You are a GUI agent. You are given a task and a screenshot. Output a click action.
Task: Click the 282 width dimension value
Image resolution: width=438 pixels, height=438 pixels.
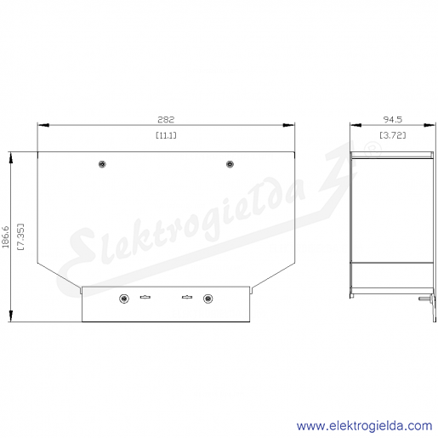pyautogui.click(x=166, y=119)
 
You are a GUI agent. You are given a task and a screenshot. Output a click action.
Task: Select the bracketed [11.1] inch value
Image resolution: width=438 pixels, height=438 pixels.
pyautogui.click(x=166, y=135)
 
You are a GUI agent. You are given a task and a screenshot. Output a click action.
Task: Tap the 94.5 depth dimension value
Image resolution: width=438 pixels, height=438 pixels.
pyautogui.click(x=393, y=119)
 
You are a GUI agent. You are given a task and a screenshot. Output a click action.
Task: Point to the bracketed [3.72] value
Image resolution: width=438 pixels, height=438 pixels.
pyautogui.click(x=393, y=135)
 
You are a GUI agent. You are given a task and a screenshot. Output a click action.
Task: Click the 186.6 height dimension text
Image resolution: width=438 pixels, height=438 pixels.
pyautogui.click(x=6, y=237)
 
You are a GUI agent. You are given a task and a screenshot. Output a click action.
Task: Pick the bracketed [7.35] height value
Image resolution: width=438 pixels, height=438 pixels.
pyautogui.click(x=20, y=237)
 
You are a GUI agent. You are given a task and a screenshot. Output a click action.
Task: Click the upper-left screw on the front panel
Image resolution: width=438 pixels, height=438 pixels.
pyautogui.click(x=102, y=164)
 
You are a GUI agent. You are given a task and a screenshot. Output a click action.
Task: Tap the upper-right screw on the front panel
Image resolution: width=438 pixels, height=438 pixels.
pyautogui.click(x=230, y=164)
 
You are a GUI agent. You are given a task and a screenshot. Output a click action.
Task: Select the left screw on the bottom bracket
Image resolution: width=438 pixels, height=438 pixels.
pyautogui.click(x=124, y=299)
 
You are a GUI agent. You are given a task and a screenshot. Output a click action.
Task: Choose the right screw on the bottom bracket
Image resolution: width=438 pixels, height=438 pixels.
pyautogui.click(x=208, y=299)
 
